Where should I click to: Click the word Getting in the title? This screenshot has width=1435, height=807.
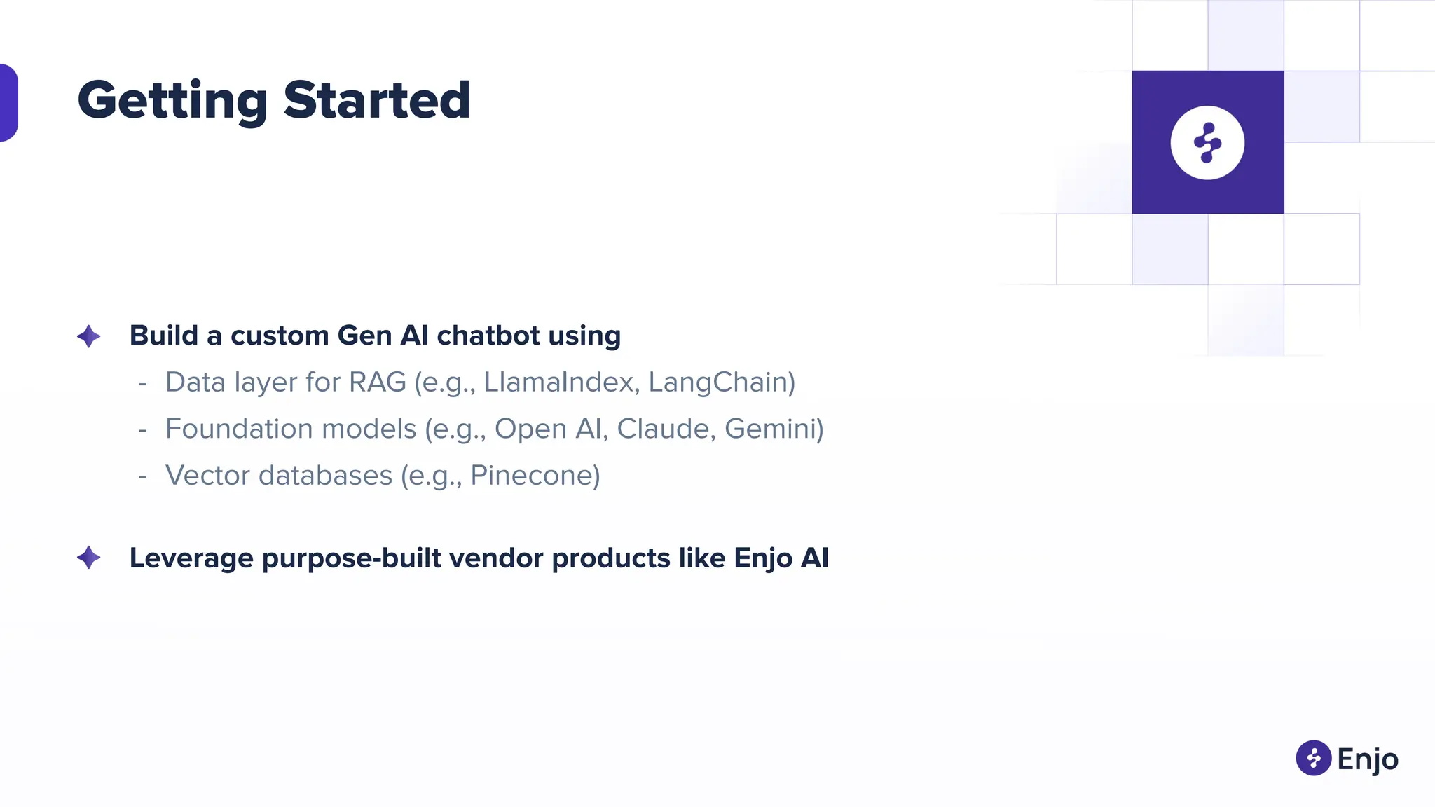click(x=172, y=101)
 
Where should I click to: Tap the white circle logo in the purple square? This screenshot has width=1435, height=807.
click(x=1207, y=142)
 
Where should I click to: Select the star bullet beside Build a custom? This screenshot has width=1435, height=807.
click(x=89, y=336)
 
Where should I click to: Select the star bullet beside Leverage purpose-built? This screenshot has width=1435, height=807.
click(x=89, y=558)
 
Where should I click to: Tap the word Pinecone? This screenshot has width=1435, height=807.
click(x=535, y=476)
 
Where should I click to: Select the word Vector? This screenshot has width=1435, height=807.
click(x=207, y=476)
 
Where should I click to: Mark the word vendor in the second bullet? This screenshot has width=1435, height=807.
click(x=496, y=558)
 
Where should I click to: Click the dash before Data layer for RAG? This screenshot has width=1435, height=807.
click(x=143, y=383)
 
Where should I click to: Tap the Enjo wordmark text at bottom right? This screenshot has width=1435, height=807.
click(x=1367, y=759)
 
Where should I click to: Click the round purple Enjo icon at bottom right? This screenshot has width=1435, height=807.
click(x=1313, y=758)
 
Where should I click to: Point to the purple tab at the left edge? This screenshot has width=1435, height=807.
click(x=8, y=102)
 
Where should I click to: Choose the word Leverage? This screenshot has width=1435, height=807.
click(x=191, y=558)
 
